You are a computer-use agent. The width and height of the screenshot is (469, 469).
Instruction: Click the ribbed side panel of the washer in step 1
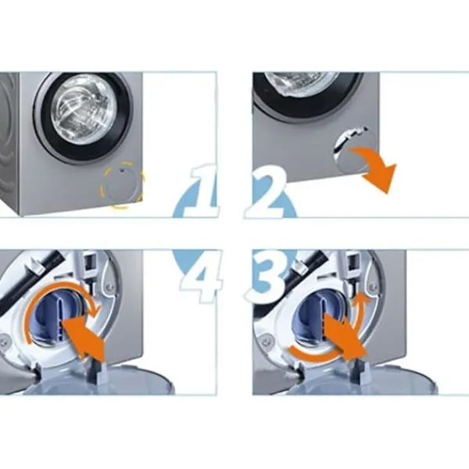pyautogui.click(x=9, y=141)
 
